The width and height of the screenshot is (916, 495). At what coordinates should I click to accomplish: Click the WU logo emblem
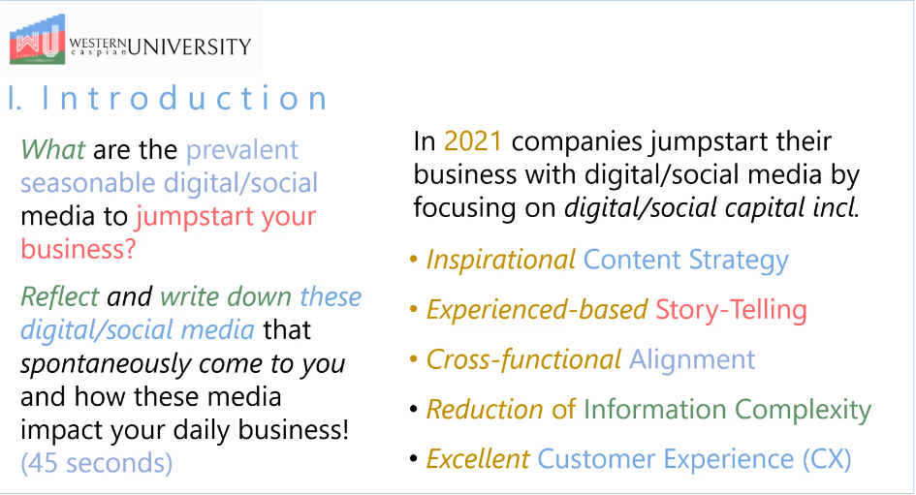pos(37,39)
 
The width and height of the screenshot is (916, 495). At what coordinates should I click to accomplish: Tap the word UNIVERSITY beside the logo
pos(189,46)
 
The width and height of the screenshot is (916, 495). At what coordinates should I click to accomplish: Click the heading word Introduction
pos(184,98)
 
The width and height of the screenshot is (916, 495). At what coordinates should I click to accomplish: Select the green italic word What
pos(53,149)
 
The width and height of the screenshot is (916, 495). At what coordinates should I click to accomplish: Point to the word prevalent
pos(242,150)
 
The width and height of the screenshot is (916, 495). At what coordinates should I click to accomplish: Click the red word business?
pos(79,249)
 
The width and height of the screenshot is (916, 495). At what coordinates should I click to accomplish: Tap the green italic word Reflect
pos(60,296)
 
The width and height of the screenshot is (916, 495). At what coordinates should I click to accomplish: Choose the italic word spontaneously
pos(106,364)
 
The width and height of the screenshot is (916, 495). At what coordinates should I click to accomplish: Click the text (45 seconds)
pos(96,463)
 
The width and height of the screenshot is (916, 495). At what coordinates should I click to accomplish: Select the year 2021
pos(473,141)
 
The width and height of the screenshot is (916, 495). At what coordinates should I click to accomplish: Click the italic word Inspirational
pos(501,260)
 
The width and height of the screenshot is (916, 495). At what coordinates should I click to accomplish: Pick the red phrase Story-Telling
pos(731,309)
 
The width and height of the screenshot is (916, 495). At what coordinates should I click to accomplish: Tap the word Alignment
pos(692,359)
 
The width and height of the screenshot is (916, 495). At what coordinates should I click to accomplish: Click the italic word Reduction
pos(485,409)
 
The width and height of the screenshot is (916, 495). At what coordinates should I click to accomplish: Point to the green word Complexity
pos(803,410)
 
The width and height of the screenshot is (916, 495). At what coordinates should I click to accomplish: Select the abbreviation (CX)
pos(827,459)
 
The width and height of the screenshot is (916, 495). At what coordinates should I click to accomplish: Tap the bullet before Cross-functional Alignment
pos(414,359)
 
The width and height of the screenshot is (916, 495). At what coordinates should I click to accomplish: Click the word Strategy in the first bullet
pos(739,261)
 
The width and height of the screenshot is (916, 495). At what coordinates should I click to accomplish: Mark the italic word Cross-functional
pos(524,359)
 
